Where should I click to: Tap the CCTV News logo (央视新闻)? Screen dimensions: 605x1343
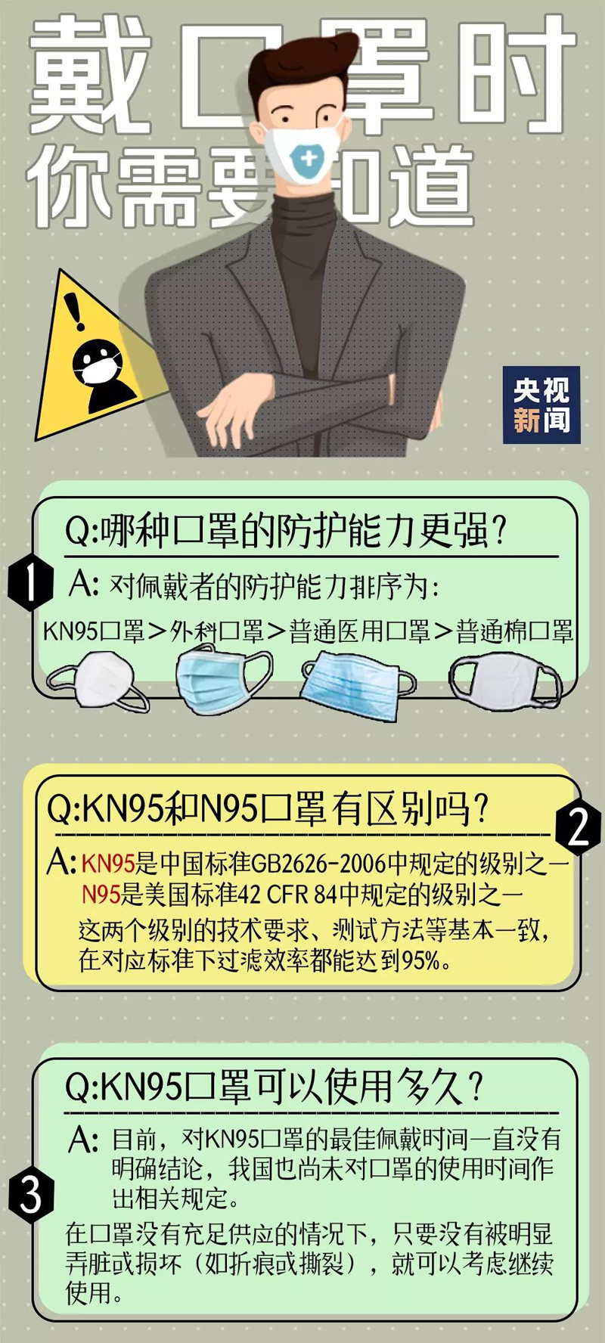(x=541, y=405)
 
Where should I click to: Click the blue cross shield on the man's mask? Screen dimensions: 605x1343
(x=309, y=159)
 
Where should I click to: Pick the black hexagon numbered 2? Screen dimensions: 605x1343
(x=578, y=827)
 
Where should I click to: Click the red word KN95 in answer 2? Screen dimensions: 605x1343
(x=107, y=863)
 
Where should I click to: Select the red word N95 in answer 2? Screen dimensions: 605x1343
(x=101, y=895)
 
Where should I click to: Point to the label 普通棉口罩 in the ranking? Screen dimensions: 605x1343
(x=514, y=631)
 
